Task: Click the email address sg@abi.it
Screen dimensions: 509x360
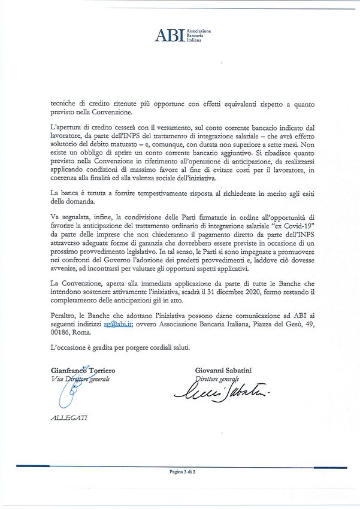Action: (117, 323)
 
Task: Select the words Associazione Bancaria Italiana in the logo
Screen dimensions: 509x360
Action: (198, 35)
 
